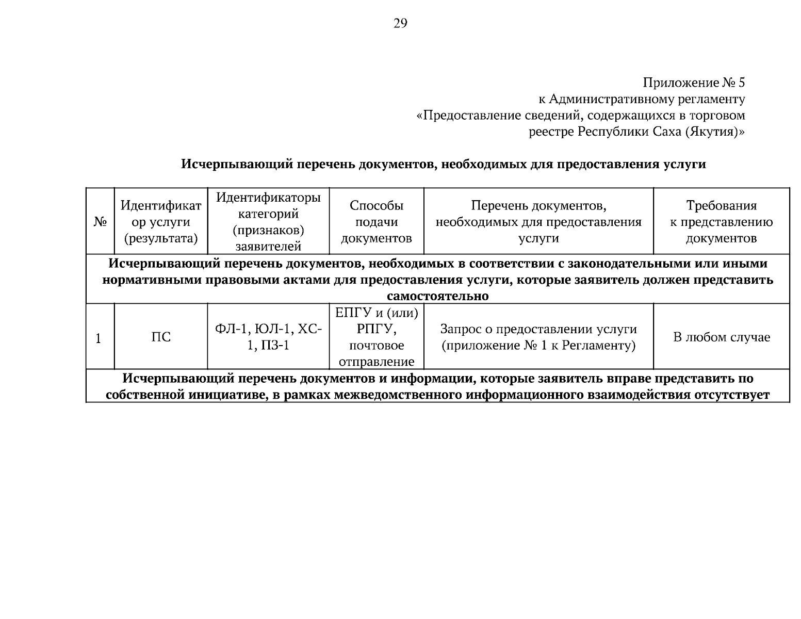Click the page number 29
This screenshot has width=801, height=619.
coord(400,24)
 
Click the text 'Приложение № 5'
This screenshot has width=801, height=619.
coord(693,83)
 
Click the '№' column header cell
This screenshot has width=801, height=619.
coord(100,222)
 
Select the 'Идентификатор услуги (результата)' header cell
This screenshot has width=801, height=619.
coord(160,222)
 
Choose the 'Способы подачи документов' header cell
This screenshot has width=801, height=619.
coord(377,222)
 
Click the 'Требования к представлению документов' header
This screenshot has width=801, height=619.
coord(721,222)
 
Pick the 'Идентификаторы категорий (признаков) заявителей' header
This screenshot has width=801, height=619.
coord(268,222)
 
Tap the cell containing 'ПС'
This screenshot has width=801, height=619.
coord(160,337)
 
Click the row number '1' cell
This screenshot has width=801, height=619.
coord(99,338)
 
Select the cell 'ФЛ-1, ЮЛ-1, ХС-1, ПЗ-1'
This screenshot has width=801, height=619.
coord(268,337)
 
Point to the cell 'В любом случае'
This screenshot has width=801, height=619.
coord(721,337)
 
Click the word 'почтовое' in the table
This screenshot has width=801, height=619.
coord(377,346)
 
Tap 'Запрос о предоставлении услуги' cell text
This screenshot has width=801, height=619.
coord(538,329)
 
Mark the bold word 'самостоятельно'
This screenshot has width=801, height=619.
coord(437,297)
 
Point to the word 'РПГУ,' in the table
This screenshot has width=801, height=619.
coord(377,329)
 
